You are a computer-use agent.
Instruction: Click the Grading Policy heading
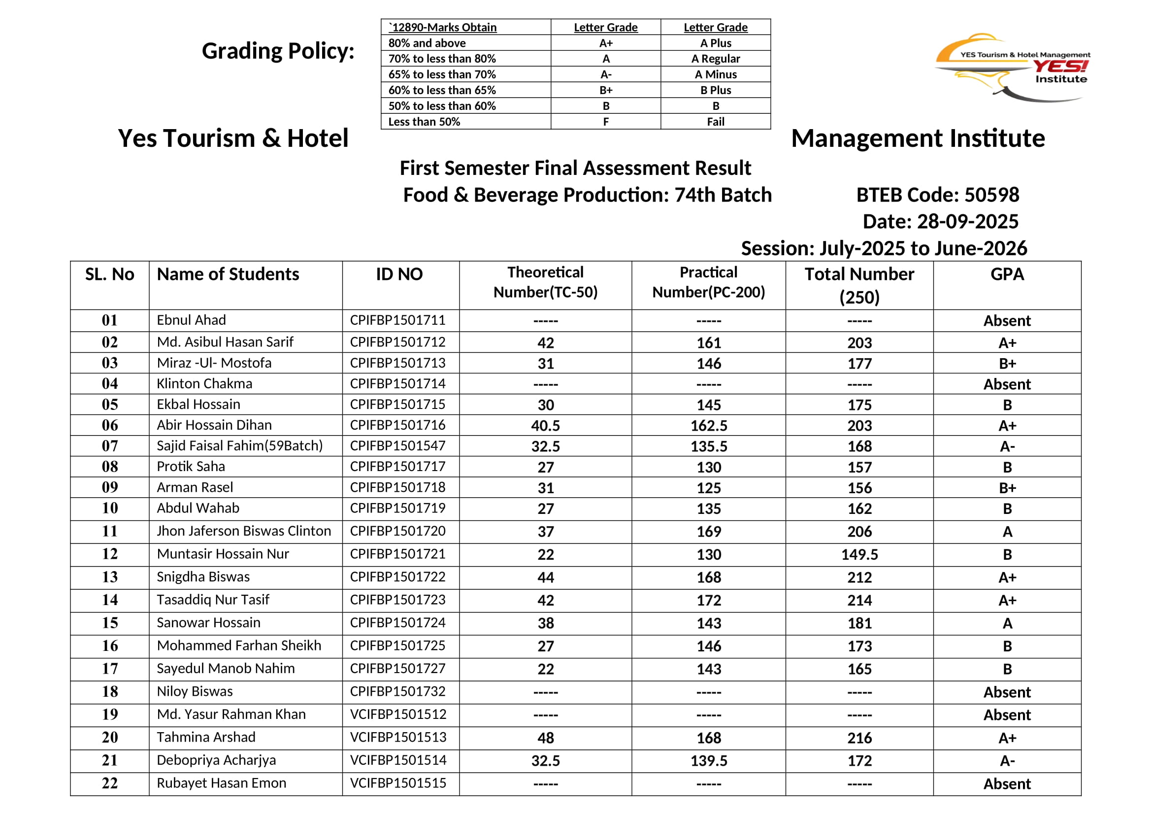click(x=278, y=51)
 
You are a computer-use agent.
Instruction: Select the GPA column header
click(x=1007, y=274)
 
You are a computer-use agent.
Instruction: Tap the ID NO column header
click(x=399, y=274)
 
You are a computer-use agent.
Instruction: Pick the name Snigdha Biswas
click(x=203, y=577)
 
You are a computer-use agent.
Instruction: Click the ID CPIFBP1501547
click(x=397, y=445)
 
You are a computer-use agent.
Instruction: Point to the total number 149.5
click(x=859, y=554)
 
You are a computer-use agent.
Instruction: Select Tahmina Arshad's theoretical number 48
click(x=545, y=738)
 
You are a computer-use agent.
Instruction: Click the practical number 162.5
click(x=708, y=426)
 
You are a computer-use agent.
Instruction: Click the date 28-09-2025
click(x=967, y=221)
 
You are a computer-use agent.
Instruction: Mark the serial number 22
click(x=110, y=783)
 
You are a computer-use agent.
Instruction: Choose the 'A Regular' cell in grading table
click(x=716, y=59)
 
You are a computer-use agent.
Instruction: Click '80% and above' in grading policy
click(x=427, y=43)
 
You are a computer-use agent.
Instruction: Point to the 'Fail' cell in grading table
click(x=716, y=121)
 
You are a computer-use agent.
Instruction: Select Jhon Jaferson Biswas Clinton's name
click(x=244, y=531)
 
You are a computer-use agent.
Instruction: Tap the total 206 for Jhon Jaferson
click(x=859, y=532)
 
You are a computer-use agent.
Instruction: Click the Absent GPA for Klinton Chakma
click(x=1007, y=384)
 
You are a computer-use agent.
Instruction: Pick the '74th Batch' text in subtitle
click(x=723, y=195)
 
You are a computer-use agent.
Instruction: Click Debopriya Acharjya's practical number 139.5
click(x=708, y=761)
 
